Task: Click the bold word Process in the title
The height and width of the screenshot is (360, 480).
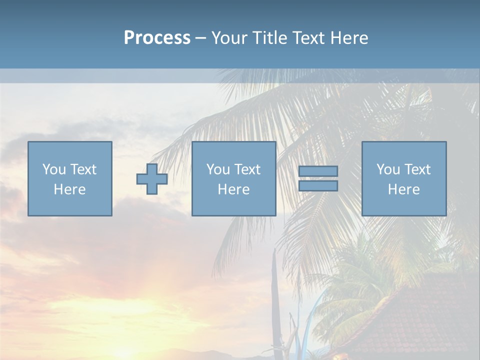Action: coord(157,38)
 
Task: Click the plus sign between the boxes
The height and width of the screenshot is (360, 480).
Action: coord(152,179)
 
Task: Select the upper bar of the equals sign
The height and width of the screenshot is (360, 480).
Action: coord(318,171)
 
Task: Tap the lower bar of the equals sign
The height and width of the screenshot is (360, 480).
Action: coord(318,185)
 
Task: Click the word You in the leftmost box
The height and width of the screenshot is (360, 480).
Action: coord(53,169)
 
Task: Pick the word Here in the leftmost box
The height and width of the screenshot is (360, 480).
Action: coord(70,189)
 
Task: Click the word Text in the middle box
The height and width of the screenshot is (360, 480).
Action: coord(247,169)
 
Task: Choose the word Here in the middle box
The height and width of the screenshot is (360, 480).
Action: coord(234,189)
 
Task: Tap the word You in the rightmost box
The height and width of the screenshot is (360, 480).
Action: coord(387,169)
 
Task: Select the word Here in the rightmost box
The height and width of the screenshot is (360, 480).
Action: coord(404,189)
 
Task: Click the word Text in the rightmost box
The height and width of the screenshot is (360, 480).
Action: coord(417,169)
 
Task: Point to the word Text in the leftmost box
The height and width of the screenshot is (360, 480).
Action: coord(83,169)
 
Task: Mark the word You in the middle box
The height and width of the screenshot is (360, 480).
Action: coord(217,169)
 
